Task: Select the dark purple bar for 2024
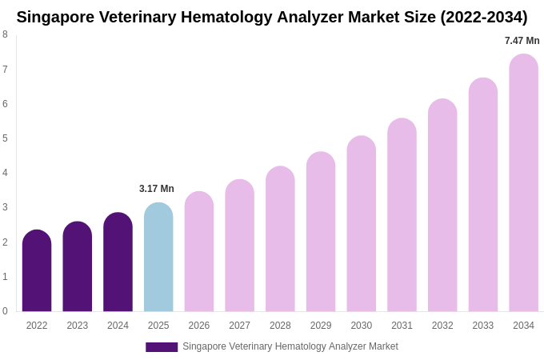coord(118,262)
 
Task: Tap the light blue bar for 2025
coord(158,257)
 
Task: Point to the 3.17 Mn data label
coord(157,189)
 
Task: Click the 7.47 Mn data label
coord(522,41)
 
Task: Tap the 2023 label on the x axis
coord(78,326)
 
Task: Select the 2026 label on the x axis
coord(199,326)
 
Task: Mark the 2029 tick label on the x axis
coord(321,326)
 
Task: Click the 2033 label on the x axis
coord(482,326)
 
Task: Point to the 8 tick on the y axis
coord(5,34)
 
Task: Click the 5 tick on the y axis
coord(5,138)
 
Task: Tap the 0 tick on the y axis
coord(5,311)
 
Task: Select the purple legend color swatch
coord(162,347)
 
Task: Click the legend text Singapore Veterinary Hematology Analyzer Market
coord(290,346)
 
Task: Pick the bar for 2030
coord(361,223)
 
